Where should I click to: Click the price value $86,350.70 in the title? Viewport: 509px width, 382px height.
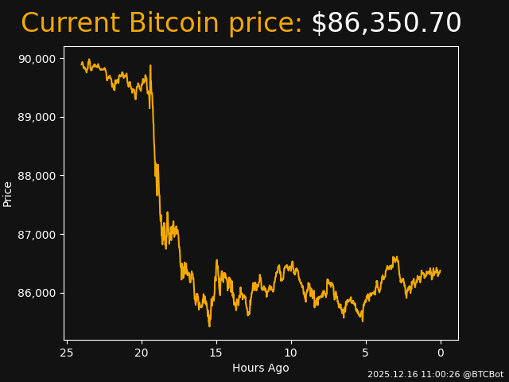pyautogui.click(x=386, y=24)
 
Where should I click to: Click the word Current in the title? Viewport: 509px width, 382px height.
pyautogui.click(x=70, y=24)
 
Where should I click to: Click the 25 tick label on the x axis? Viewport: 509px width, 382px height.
pyautogui.click(x=67, y=353)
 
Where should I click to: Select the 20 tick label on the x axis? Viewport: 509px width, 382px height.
pyautogui.click(x=142, y=353)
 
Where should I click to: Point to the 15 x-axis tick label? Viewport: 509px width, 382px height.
pyautogui.click(x=216, y=353)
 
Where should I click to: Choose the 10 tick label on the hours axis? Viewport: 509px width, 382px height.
pyautogui.click(x=291, y=353)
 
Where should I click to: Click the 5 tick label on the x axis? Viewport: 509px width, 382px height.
pyautogui.click(x=366, y=353)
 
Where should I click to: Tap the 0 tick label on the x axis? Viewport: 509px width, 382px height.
pyautogui.click(x=441, y=353)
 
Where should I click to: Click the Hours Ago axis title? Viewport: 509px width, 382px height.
pyautogui.click(x=260, y=368)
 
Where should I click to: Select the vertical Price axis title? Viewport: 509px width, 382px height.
pyautogui.click(x=8, y=193)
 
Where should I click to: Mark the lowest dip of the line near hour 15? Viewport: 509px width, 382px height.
pyautogui.click(x=209, y=325)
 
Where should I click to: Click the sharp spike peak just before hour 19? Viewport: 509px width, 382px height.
pyautogui.click(x=150, y=66)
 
